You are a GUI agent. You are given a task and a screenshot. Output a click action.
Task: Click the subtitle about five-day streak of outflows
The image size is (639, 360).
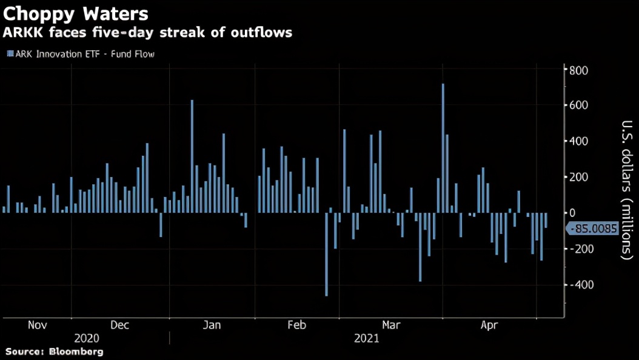[x=148, y=32]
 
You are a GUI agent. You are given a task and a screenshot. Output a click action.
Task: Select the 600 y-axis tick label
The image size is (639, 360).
[x=579, y=105]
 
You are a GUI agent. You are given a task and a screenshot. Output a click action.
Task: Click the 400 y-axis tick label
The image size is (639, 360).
[x=579, y=141]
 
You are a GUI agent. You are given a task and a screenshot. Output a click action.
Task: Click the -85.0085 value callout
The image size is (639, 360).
[x=592, y=229]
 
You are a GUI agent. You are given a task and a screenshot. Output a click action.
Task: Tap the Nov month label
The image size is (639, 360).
[x=38, y=325]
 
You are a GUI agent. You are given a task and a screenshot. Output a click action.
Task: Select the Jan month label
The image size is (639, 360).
[x=212, y=325]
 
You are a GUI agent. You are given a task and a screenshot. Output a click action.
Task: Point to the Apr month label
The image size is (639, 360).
[x=489, y=325]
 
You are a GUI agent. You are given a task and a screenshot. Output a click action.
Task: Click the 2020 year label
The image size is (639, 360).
[x=86, y=338]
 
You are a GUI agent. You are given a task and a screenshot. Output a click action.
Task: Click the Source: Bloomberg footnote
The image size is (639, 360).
[x=55, y=352]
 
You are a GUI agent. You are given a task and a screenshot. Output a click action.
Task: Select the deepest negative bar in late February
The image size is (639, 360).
[x=326, y=255]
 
